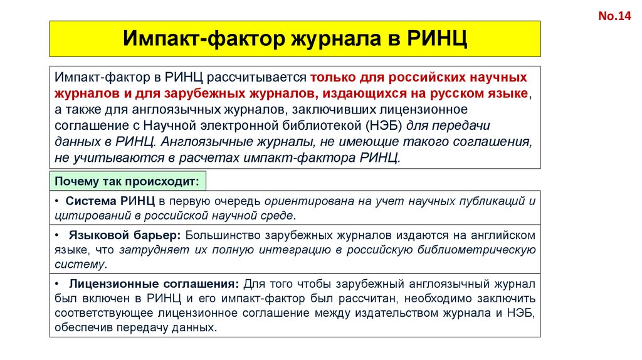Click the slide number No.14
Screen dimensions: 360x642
[x=618, y=17]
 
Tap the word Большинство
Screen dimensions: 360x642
[x=222, y=235]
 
